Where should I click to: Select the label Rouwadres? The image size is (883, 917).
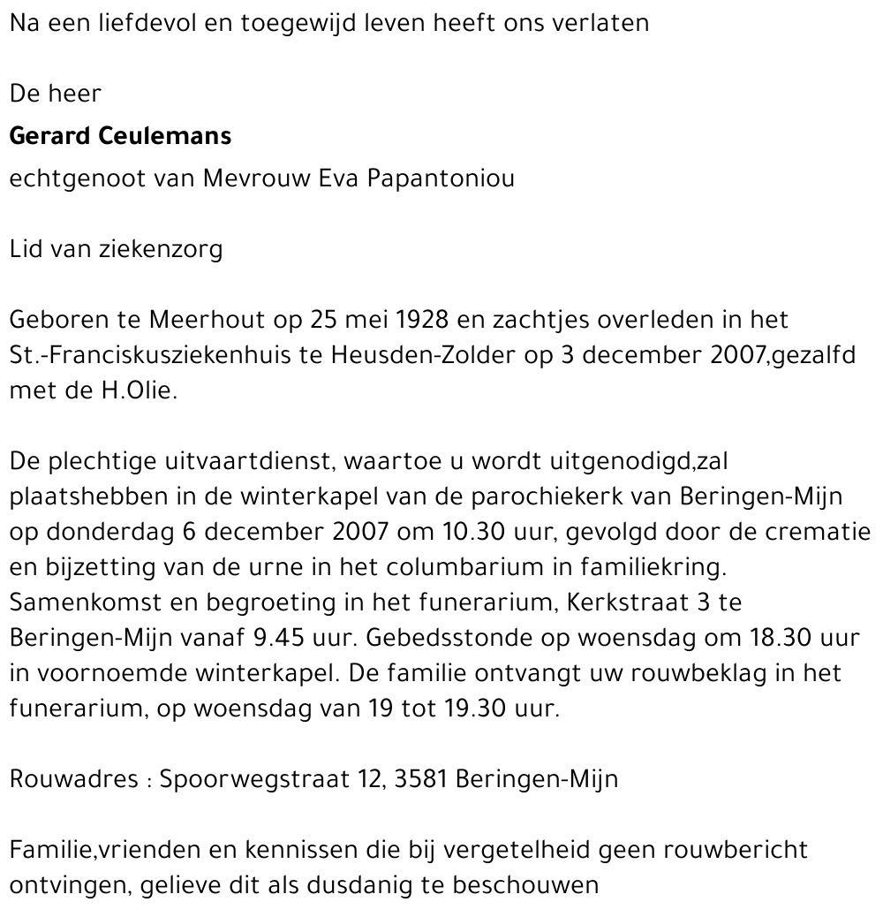[73, 780]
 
